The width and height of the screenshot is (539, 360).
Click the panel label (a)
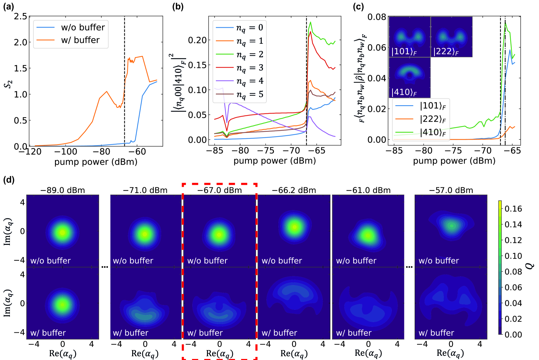click(x=9, y=6)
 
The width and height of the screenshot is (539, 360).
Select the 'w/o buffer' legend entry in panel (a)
click(x=83, y=27)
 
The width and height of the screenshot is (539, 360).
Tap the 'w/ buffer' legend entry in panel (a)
click(x=80, y=40)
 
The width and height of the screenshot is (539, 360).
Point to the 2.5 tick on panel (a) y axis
click(x=20, y=16)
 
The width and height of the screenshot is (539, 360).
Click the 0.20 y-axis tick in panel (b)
click(x=197, y=40)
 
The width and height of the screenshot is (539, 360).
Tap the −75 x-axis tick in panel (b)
click(x=266, y=151)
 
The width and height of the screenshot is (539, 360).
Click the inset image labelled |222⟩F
click(x=451, y=37)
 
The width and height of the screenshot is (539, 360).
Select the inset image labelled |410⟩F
click(x=410, y=78)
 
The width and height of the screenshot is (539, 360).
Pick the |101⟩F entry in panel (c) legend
click(x=433, y=106)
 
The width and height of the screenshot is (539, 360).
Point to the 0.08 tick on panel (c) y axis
click(x=376, y=17)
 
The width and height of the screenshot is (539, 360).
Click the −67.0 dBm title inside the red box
click(x=220, y=190)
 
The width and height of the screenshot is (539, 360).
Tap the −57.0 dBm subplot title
click(x=451, y=190)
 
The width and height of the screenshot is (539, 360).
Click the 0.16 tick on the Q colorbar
click(x=513, y=209)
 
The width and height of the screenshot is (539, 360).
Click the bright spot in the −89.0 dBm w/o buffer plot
click(x=63, y=233)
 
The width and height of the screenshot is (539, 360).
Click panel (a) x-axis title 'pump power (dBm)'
click(x=96, y=162)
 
